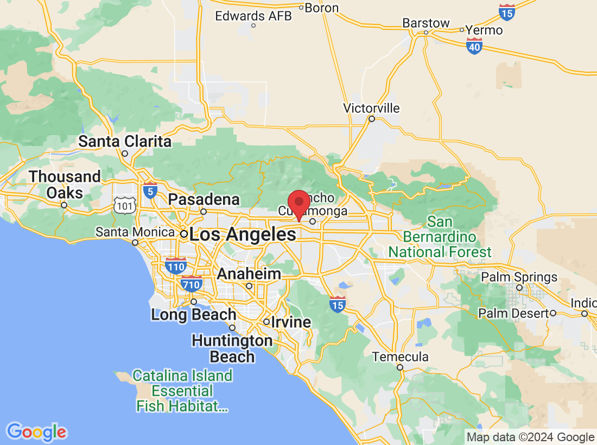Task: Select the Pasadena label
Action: click(x=204, y=200)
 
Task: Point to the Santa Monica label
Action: click(x=135, y=232)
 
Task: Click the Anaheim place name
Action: click(x=249, y=274)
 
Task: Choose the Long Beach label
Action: click(x=194, y=314)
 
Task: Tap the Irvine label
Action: click(x=291, y=322)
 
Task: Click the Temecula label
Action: click(x=400, y=357)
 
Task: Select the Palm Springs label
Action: click(x=519, y=277)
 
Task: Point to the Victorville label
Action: click(x=371, y=109)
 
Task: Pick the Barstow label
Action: click(x=426, y=23)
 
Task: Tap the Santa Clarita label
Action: click(x=125, y=142)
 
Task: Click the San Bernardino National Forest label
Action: click(x=440, y=237)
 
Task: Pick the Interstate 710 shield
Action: click(x=192, y=283)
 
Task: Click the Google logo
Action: click(x=36, y=432)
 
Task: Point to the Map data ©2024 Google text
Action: click(x=531, y=437)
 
